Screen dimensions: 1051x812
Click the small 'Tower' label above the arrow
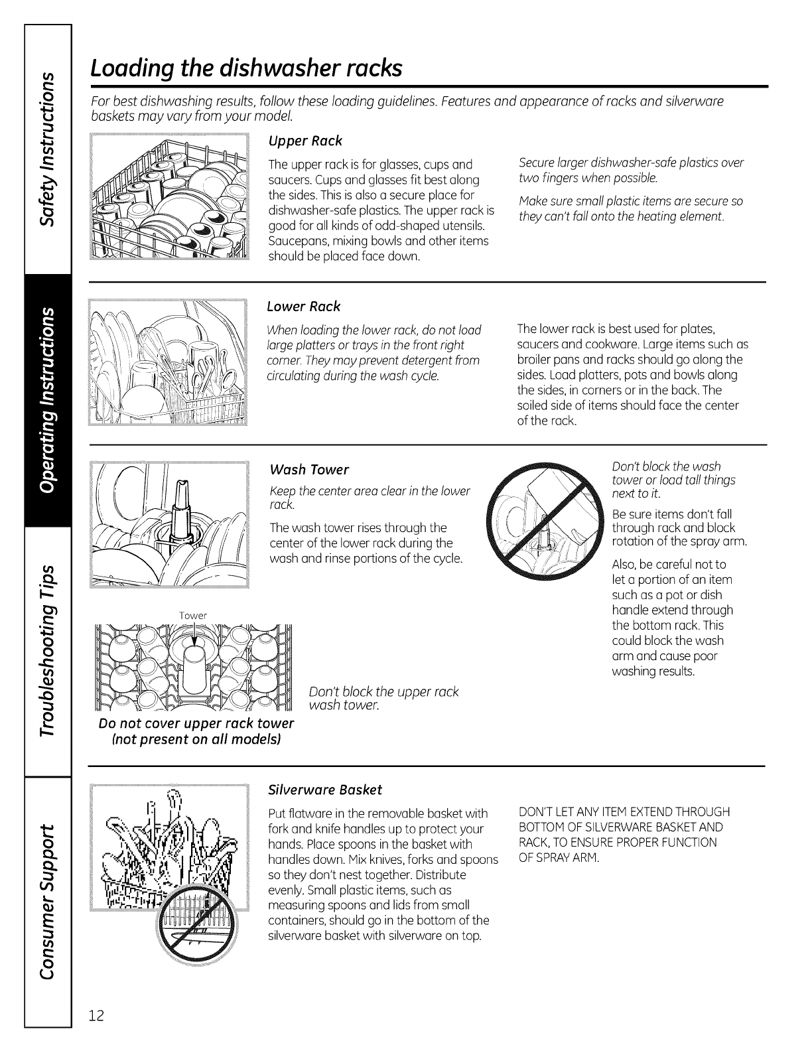[193, 615]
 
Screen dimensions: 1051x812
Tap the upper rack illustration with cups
[169, 197]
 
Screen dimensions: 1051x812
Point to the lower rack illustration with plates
[169, 362]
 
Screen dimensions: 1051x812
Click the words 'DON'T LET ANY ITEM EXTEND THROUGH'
[624, 812]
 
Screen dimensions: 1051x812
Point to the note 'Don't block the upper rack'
[384, 692]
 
